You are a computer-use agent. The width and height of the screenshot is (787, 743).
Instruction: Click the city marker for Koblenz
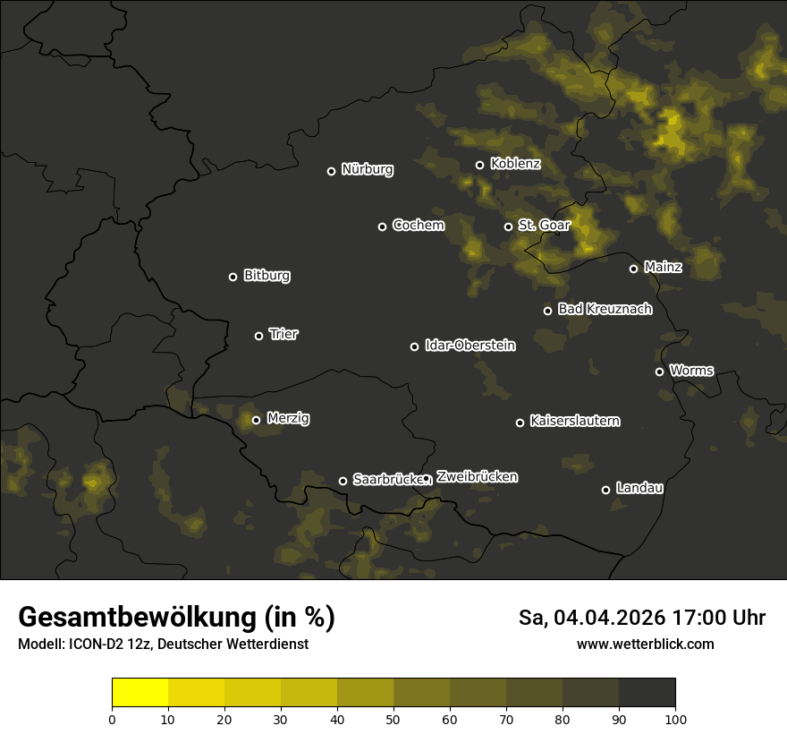479,165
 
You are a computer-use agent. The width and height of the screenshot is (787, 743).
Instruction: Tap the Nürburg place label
367,169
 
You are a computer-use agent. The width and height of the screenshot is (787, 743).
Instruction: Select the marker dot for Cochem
382,226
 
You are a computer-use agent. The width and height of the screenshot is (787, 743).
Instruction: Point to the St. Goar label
544,225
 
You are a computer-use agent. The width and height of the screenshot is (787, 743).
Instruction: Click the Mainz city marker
633,269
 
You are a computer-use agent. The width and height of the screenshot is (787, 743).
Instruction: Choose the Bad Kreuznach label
605,309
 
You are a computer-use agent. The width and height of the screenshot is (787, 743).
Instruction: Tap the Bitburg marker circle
233,277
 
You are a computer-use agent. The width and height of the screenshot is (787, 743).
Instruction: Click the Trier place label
283,334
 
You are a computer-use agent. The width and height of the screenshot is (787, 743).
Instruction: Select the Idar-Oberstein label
470,345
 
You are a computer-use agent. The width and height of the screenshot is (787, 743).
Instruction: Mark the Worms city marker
659,371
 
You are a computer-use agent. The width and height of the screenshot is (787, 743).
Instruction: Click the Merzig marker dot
256,420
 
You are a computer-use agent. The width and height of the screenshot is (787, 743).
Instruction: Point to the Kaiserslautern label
574,421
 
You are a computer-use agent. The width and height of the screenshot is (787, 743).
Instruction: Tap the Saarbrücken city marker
343,481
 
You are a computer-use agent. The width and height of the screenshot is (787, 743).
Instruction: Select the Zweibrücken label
477,476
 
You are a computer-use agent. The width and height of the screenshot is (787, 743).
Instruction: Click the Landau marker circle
605,490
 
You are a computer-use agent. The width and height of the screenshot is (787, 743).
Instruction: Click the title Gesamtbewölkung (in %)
176,618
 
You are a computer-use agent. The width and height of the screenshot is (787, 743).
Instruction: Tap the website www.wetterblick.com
645,644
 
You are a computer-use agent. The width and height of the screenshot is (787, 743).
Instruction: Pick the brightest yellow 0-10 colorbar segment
140,693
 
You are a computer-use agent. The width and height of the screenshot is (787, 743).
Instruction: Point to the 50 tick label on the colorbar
393,718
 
